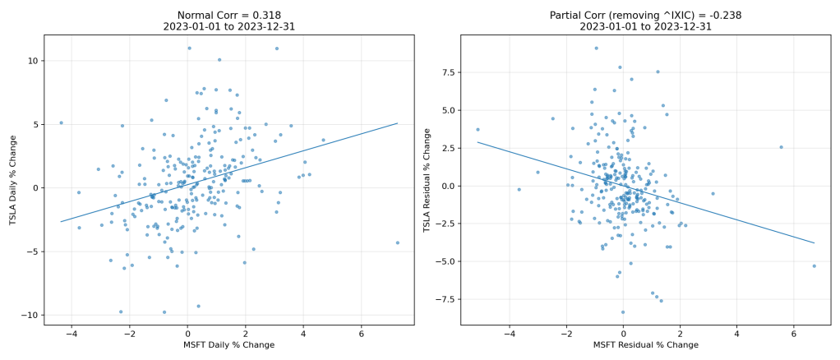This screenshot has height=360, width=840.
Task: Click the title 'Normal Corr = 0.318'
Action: coord(228,15)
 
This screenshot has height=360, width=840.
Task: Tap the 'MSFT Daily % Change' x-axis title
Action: coord(228,345)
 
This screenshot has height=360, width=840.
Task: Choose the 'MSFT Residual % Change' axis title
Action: coord(645,345)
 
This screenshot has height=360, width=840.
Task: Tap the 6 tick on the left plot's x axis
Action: coord(361,334)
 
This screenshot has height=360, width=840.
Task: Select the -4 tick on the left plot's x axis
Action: coord(71,334)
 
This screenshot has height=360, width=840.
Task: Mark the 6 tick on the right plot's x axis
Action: coord(793,334)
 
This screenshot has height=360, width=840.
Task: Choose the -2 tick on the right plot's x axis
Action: coord(565,334)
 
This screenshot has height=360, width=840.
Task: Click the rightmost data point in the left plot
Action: coord(397,242)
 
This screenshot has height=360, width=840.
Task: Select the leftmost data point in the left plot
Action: coord(61,122)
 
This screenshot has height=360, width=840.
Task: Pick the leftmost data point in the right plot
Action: coord(478,129)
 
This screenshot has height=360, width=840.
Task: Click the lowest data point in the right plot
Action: coord(622,312)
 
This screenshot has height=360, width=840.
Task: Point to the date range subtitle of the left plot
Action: coord(228,26)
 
